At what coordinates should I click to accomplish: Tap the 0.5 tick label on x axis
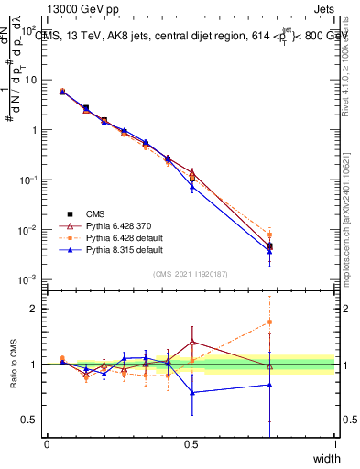click(x=191, y=444)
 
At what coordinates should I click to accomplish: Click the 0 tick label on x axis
click(x=47, y=444)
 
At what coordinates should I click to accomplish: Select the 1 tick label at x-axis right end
click(x=334, y=444)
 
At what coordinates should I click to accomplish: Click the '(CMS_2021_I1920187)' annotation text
click(x=191, y=273)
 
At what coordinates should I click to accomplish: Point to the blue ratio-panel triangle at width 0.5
click(x=191, y=392)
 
